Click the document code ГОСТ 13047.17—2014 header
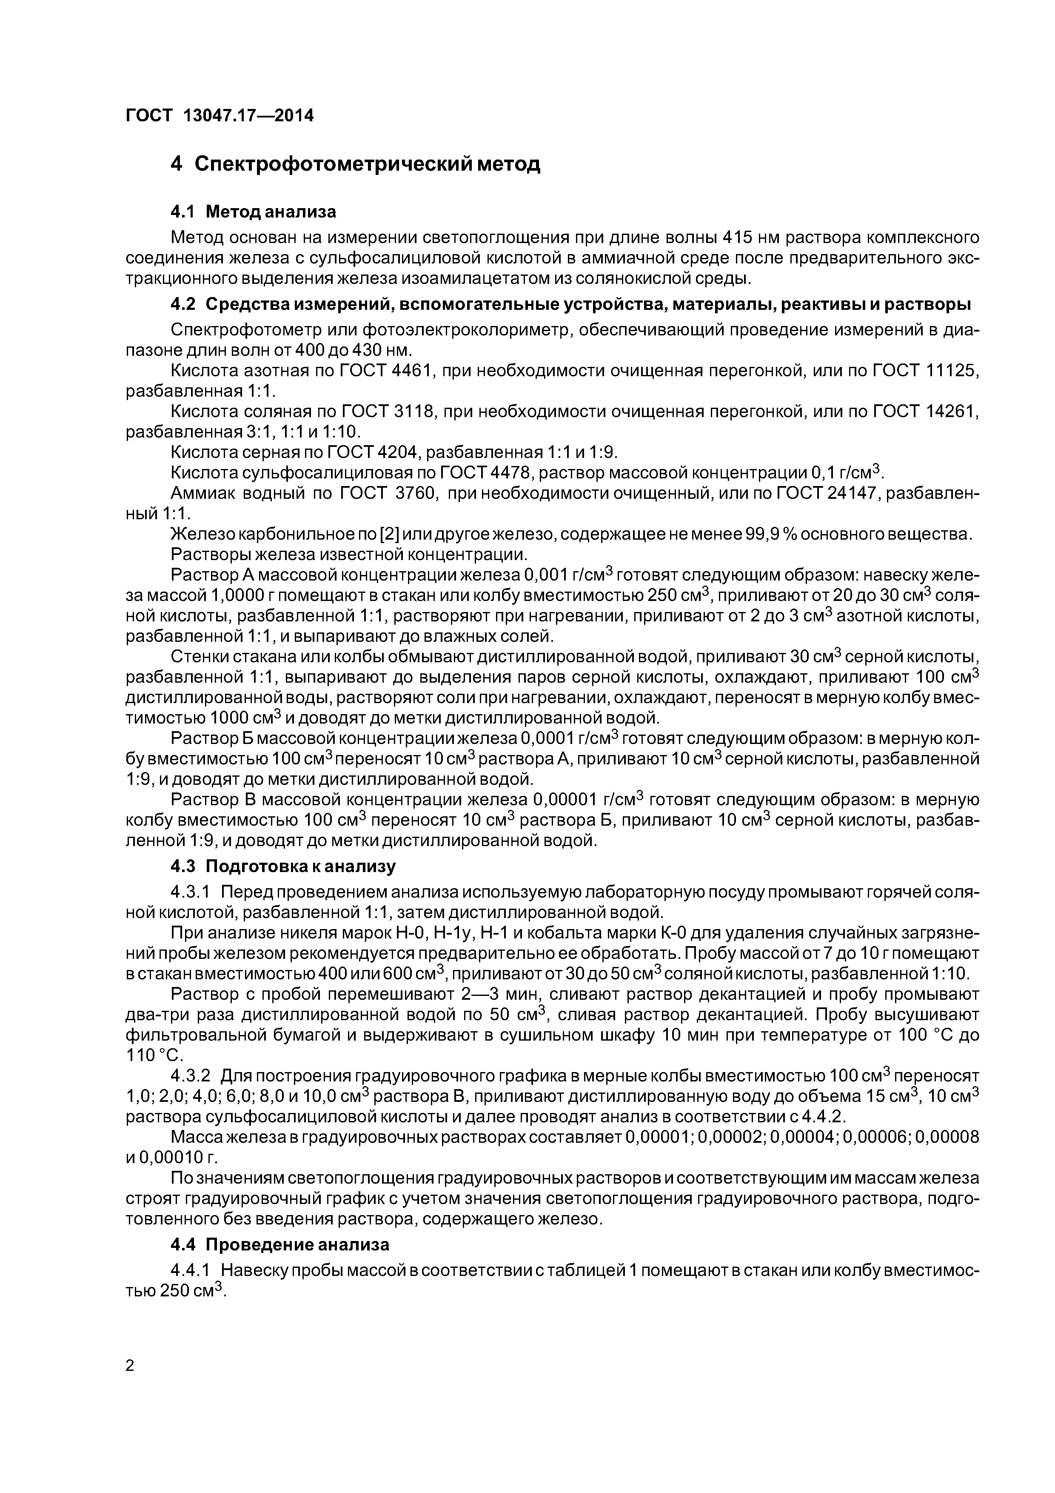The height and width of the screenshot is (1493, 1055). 219,116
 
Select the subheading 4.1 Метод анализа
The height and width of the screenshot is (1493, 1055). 254,212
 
